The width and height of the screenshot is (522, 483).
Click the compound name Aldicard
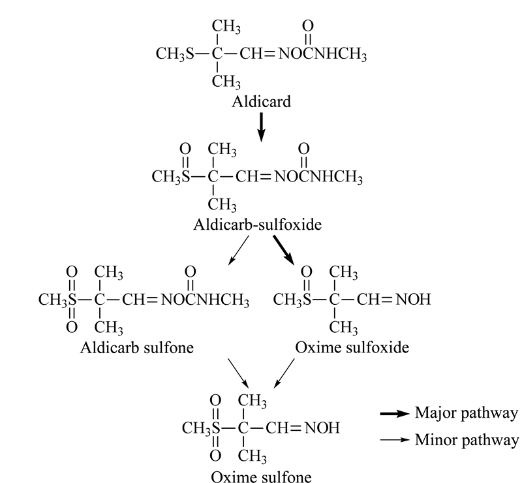pos(262,102)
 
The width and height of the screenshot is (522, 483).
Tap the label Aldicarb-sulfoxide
pos(257,225)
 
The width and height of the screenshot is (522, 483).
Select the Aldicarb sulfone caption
pos(137,347)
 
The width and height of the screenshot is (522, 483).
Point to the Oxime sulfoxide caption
pos(352,347)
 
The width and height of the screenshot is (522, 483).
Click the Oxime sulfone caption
pos(262,476)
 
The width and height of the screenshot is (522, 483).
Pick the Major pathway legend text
pos(467,413)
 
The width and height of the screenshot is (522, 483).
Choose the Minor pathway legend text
pos(467,440)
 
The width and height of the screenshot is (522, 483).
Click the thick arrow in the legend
pos(395,414)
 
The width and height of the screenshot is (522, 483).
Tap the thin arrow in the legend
pos(395,440)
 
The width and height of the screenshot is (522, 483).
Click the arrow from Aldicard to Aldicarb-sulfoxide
pos(262,127)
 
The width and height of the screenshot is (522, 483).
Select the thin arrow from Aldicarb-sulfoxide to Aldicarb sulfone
pos(238,251)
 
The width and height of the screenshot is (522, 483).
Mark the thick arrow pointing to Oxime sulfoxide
pos(284,251)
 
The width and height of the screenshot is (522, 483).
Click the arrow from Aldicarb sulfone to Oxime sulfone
pos(238,373)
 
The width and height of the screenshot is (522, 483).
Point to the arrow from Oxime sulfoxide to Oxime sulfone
pos(284,373)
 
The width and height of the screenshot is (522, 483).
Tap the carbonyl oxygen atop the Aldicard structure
pos(308,25)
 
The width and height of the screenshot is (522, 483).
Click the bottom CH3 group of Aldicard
pos(226,82)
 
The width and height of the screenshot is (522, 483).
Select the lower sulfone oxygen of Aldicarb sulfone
pos(72,327)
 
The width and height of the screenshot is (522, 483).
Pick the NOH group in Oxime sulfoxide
pos(413,300)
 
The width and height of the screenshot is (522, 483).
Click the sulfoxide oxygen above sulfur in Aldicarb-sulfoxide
pos(185,149)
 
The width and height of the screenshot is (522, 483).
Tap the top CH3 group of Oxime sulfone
pos(252,401)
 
